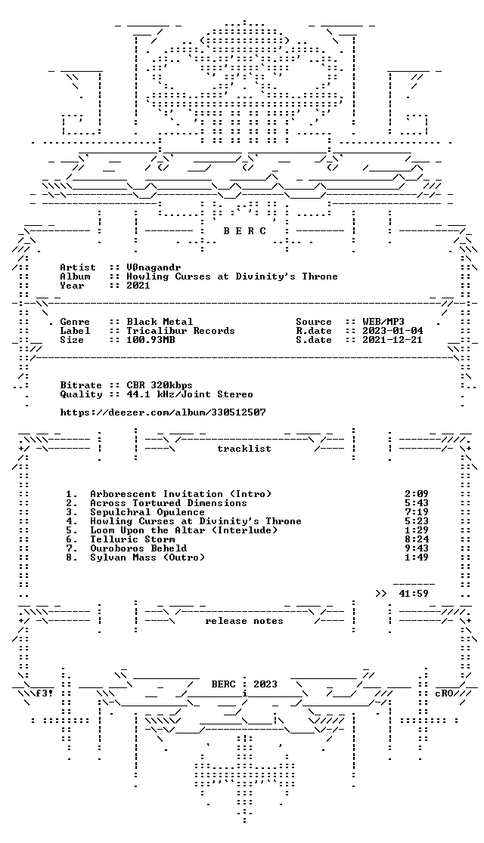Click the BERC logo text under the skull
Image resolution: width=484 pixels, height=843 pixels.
(244, 231)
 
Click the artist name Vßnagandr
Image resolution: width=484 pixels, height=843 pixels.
(154, 267)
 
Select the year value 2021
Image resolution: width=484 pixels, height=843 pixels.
(138, 286)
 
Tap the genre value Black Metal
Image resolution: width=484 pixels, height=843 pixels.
(160, 322)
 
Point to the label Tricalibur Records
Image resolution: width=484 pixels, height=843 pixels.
(181, 331)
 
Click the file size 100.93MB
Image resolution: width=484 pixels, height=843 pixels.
(150, 340)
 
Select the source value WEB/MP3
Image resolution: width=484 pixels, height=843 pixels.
(383, 322)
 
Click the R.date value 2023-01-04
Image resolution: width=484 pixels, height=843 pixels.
(392, 331)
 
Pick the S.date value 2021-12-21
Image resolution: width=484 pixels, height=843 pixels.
(392, 340)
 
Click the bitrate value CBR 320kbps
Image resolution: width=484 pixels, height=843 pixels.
(160, 385)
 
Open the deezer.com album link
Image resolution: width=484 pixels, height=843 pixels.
(163, 412)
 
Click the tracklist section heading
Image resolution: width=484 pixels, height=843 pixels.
(244, 449)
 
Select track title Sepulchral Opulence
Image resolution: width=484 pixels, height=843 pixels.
(147, 512)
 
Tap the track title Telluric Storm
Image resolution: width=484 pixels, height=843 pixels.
(132, 539)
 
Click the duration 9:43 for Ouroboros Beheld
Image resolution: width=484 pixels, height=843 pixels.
(417, 548)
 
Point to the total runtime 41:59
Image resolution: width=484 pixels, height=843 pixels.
(414, 594)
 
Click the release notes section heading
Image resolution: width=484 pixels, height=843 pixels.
(244, 621)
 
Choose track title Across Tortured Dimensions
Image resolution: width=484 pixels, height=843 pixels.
(169, 503)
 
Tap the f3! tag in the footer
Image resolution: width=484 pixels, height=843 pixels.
(45, 693)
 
